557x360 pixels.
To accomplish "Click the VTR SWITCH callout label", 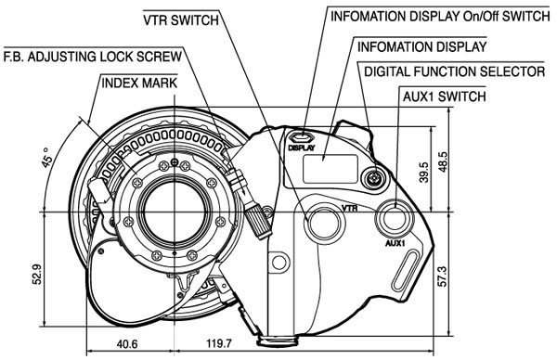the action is tap(181, 19).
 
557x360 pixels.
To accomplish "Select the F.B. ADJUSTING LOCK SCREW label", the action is tap(93, 56).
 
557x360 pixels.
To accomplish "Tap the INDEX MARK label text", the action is tap(139, 84).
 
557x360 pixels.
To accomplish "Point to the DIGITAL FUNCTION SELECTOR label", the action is tap(455, 71).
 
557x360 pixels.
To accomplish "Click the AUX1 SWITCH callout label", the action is tap(444, 96).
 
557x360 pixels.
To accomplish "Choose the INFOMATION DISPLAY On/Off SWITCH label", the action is tap(440, 17).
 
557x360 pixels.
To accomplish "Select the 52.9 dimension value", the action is tap(37, 274).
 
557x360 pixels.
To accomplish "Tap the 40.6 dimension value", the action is tap(127, 344).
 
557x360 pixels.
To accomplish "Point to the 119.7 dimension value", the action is tap(219, 343).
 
